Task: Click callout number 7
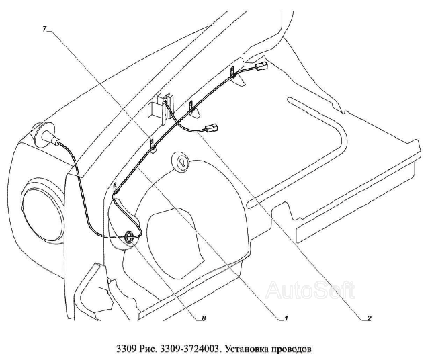point(45,29)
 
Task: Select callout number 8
point(204,318)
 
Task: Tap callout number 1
point(286,318)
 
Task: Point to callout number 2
point(370,318)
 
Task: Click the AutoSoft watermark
point(310,290)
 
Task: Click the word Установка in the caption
point(247,349)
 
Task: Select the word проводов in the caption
point(292,349)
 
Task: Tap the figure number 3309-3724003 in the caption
point(190,349)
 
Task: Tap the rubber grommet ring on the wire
point(129,237)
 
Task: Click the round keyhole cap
point(181,161)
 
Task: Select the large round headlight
point(44,211)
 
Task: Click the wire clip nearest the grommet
point(116,188)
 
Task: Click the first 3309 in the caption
point(126,349)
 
